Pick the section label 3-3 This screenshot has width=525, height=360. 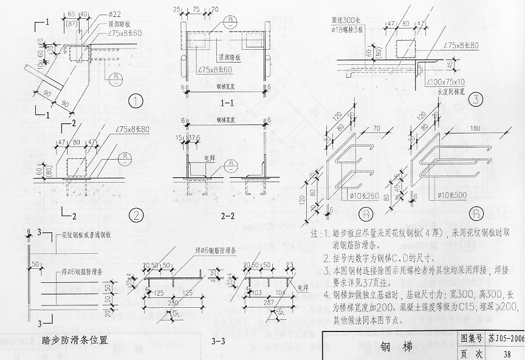tap(218, 341)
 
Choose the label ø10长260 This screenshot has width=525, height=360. tap(365, 196)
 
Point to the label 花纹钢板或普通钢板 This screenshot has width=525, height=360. tap(85, 234)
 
